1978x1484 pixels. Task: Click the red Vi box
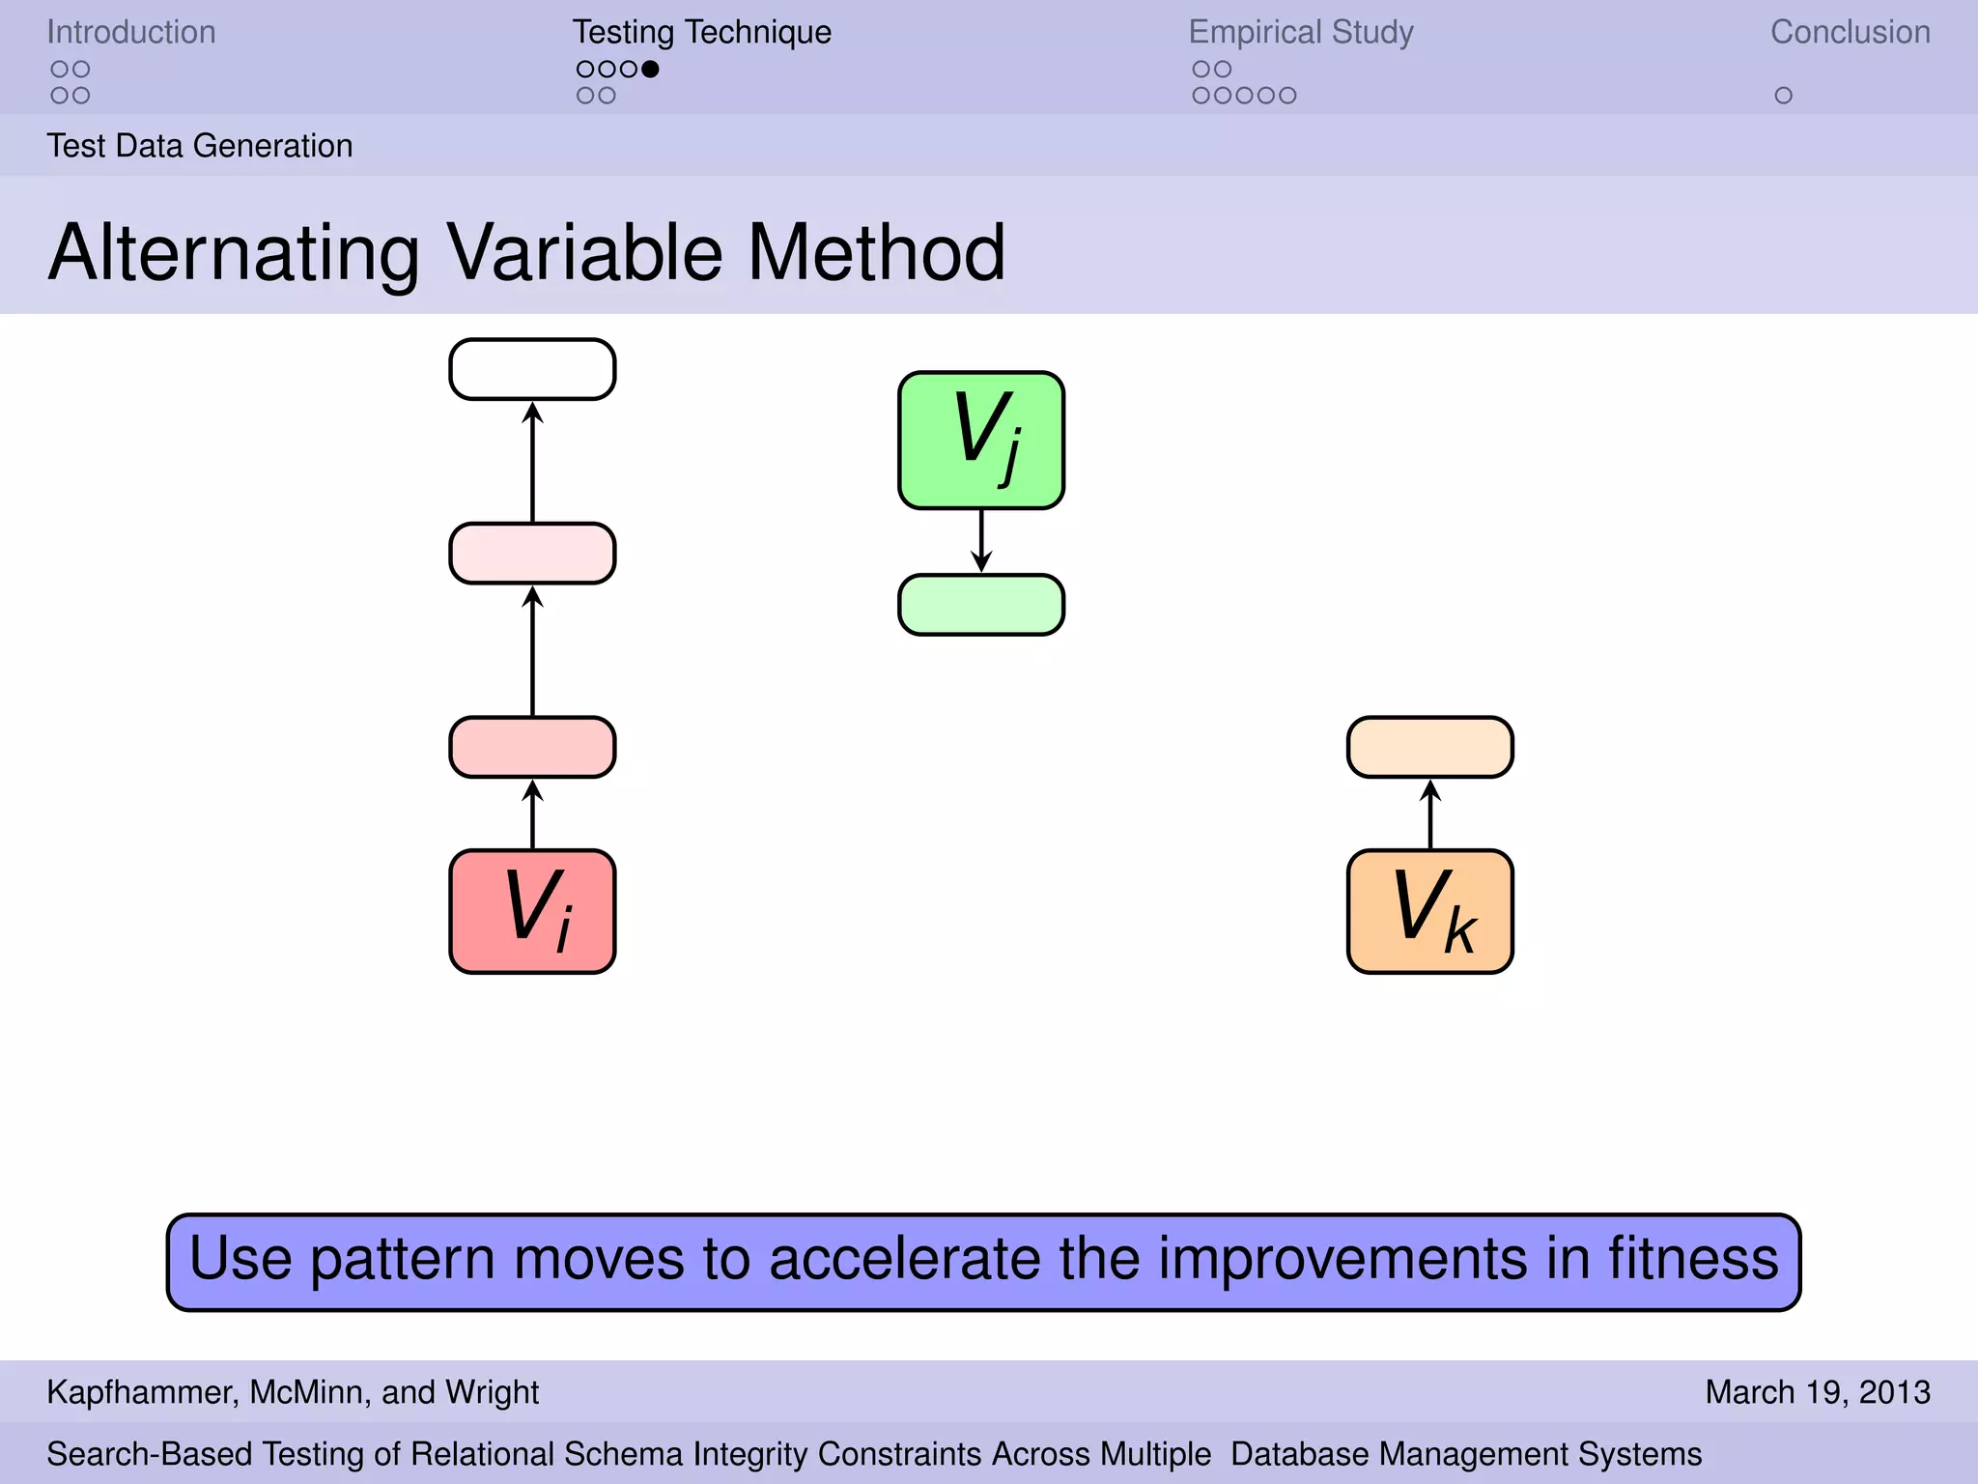click(x=532, y=911)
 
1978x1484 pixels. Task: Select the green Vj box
click(x=981, y=440)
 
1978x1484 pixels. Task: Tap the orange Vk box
click(x=1429, y=911)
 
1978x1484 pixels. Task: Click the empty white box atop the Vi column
click(x=532, y=369)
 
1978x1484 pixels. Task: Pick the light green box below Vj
click(x=981, y=605)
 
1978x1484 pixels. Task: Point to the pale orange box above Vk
click(x=1429, y=747)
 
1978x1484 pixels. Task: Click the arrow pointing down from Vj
click(x=981, y=541)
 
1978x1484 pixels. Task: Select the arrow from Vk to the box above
click(x=1429, y=813)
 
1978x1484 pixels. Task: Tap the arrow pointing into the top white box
click(x=532, y=461)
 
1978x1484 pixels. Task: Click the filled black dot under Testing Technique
click(x=650, y=69)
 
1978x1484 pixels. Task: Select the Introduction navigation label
click(x=131, y=32)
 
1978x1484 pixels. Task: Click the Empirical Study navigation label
click(x=1300, y=32)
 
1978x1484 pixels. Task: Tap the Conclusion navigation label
click(x=1850, y=32)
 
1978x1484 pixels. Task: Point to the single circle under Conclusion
click(x=1783, y=96)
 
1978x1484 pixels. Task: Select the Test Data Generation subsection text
click(x=200, y=146)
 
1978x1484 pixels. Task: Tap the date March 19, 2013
click(x=1817, y=1392)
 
